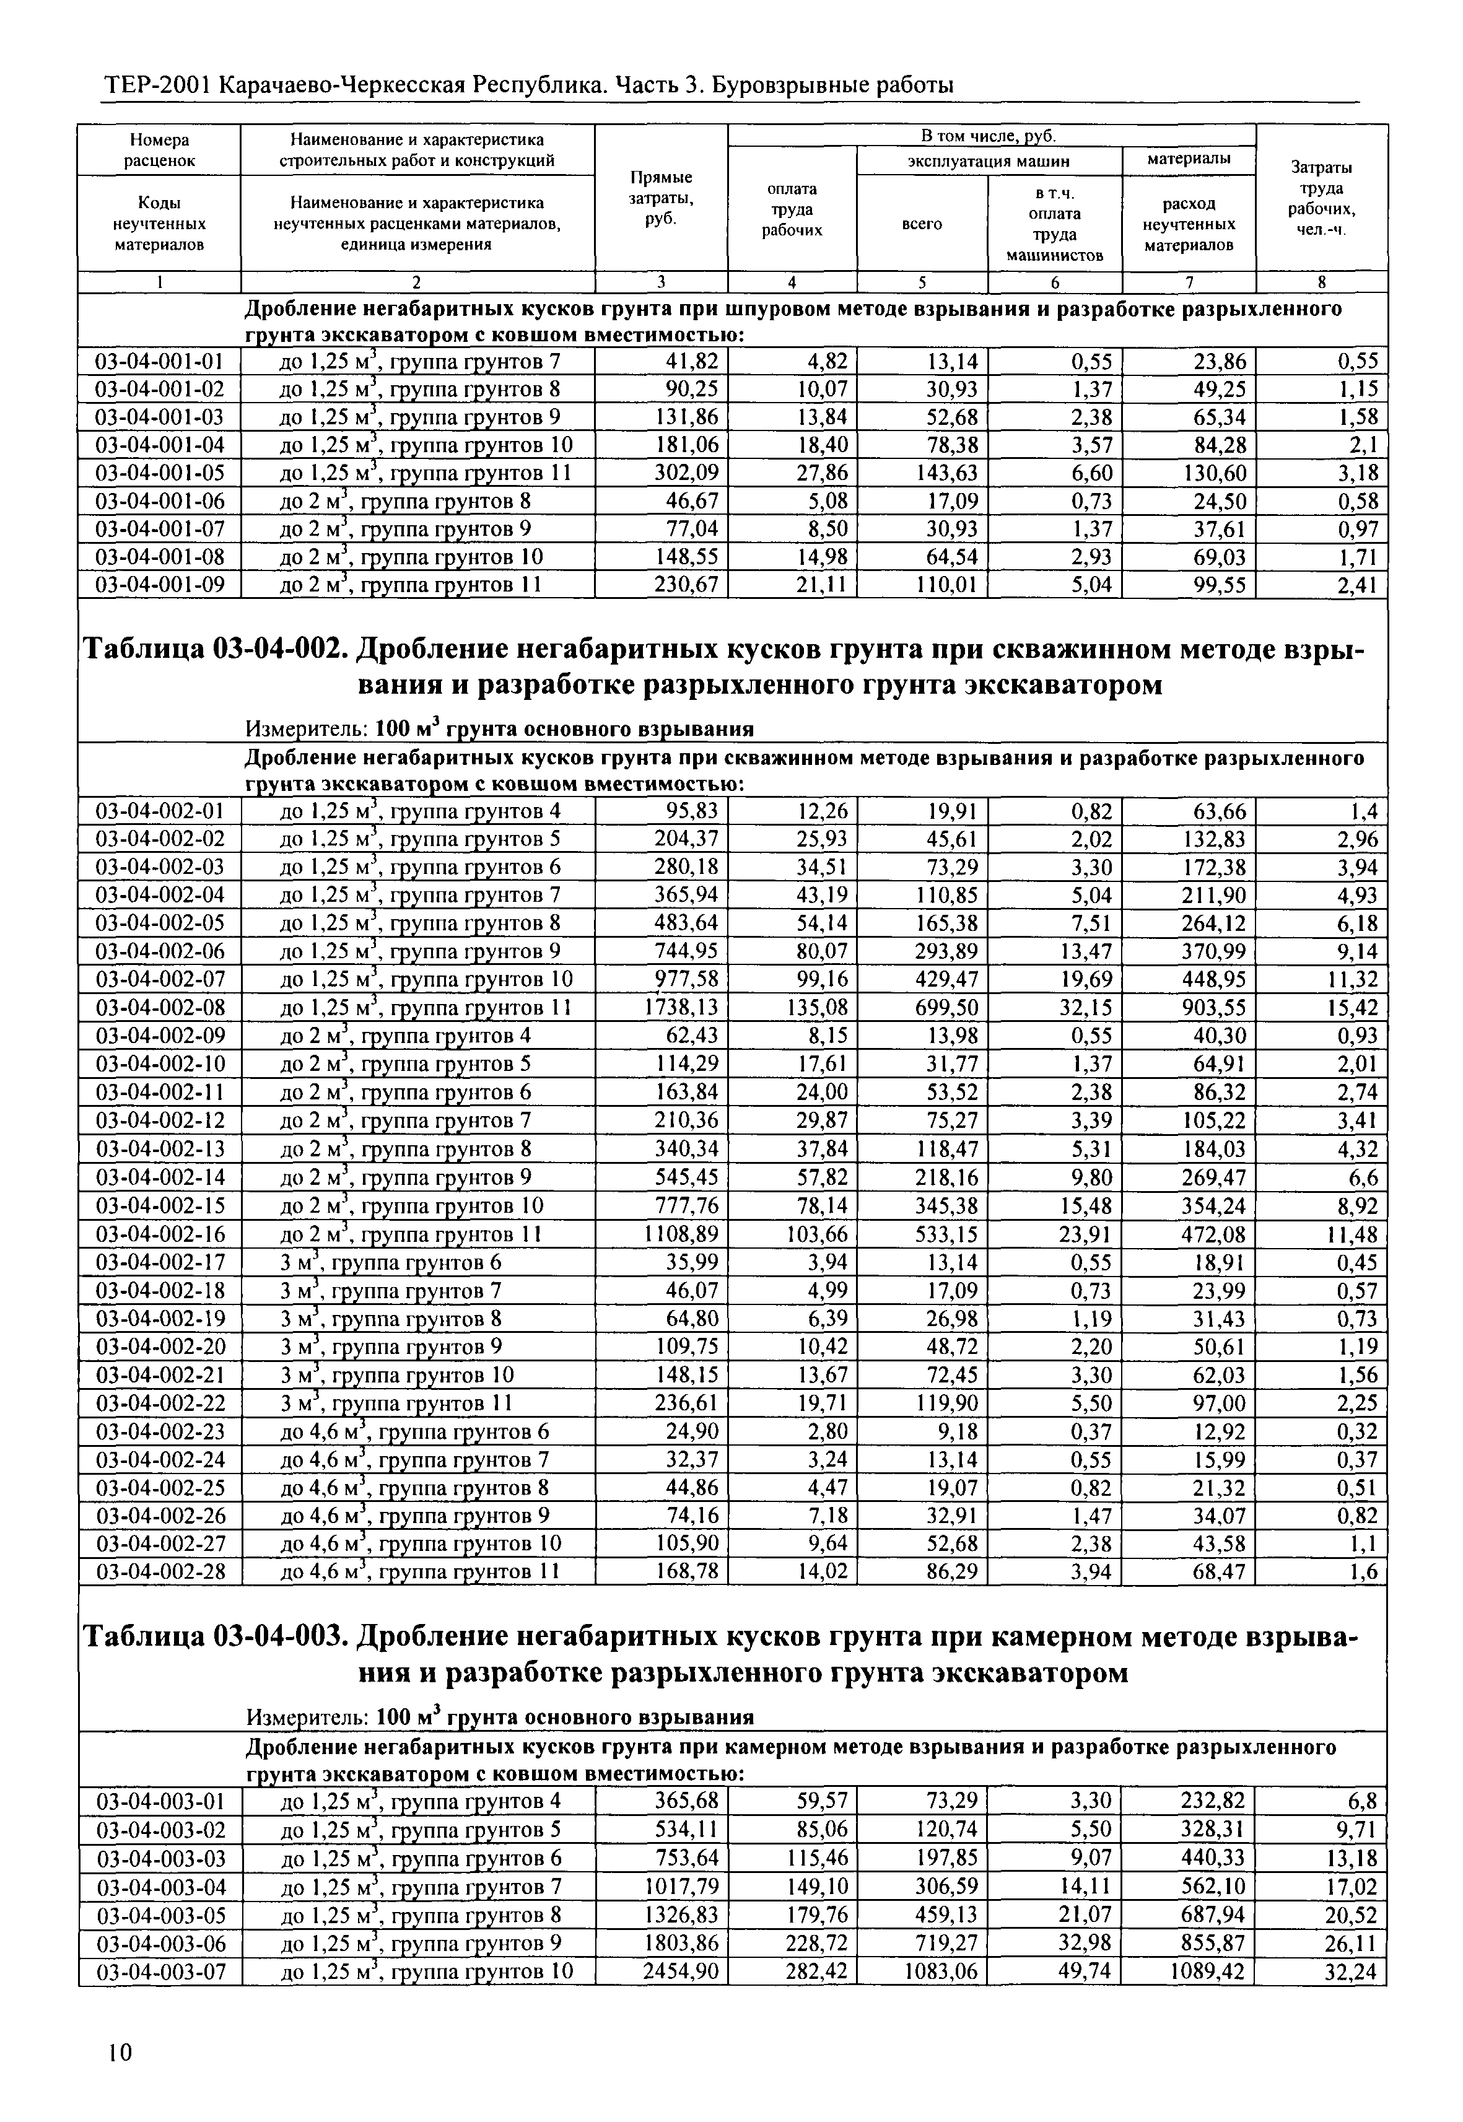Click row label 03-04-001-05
point(160,473)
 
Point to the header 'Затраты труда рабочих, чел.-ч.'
point(1321,197)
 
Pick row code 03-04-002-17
point(160,1262)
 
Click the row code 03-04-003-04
point(160,1887)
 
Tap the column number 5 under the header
point(922,281)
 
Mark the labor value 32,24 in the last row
point(1350,1971)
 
